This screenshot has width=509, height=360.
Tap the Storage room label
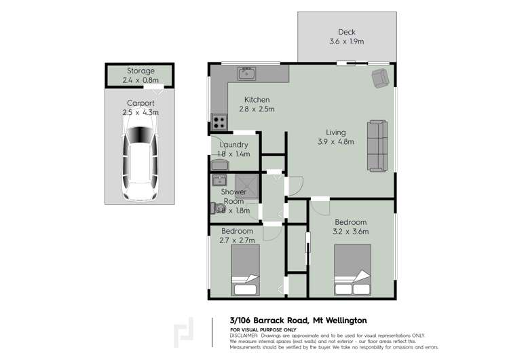click(x=140, y=71)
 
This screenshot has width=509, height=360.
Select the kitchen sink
click(x=246, y=72)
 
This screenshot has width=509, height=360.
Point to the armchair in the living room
click(x=381, y=79)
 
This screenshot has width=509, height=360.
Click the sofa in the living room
click(x=377, y=145)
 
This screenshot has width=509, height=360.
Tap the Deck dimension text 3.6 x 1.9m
click(x=346, y=41)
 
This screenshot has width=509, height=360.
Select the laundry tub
click(x=221, y=164)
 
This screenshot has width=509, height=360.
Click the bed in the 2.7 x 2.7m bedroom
click(x=245, y=270)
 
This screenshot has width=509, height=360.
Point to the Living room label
click(x=335, y=132)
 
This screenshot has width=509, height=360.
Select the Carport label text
click(x=140, y=103)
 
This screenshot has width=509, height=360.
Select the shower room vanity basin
click(x=219, y=181)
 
